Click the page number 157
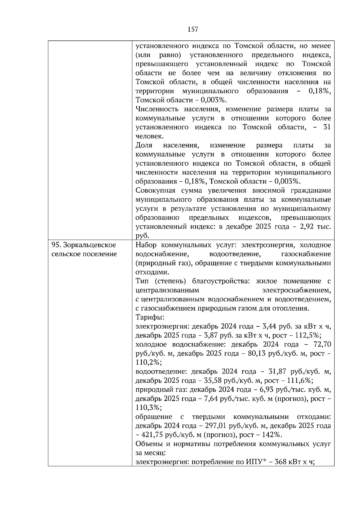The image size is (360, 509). (x=193, y=29)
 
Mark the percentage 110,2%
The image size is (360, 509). (x=148, y=362)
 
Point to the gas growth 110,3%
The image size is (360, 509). (x=148, y=408)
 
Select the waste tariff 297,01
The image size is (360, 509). (x=216, y=426)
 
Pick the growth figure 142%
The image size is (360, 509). (x=272, y=435)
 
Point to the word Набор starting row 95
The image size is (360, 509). (x=145, y=245)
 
